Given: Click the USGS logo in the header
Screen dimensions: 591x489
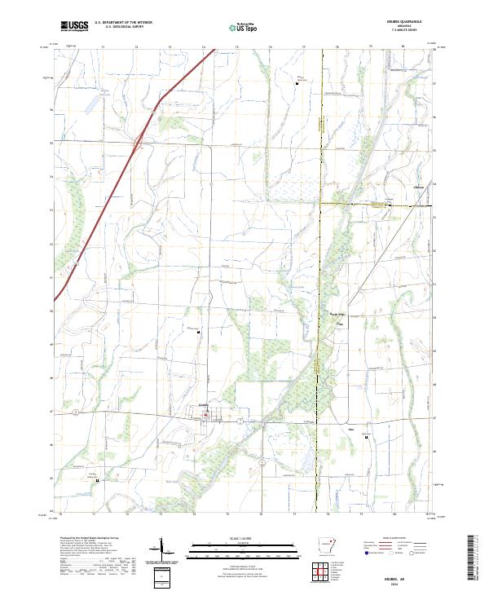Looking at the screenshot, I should (x=74, y=26).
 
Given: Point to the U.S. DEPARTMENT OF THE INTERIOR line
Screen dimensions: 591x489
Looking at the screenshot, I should (x=123, y=23).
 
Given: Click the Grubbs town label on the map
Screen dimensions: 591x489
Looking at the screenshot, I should (x=205, y=405).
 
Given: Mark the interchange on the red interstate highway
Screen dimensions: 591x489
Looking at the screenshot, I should (x=139, y=143).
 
